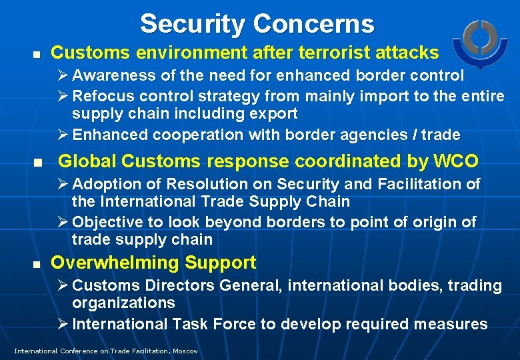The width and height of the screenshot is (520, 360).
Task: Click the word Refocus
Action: coord(101,97)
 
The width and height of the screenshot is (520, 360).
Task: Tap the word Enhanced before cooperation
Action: coord(110,135)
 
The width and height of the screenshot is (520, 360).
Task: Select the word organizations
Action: coord(123,303)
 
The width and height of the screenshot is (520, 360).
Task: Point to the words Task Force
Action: coord(209,324)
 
